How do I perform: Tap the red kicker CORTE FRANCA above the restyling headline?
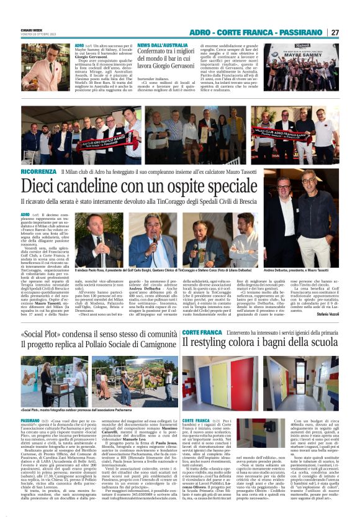pyautogui.click(x=202, y=333)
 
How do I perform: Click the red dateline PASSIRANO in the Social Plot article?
pyautogui.click(x=30, y=404)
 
